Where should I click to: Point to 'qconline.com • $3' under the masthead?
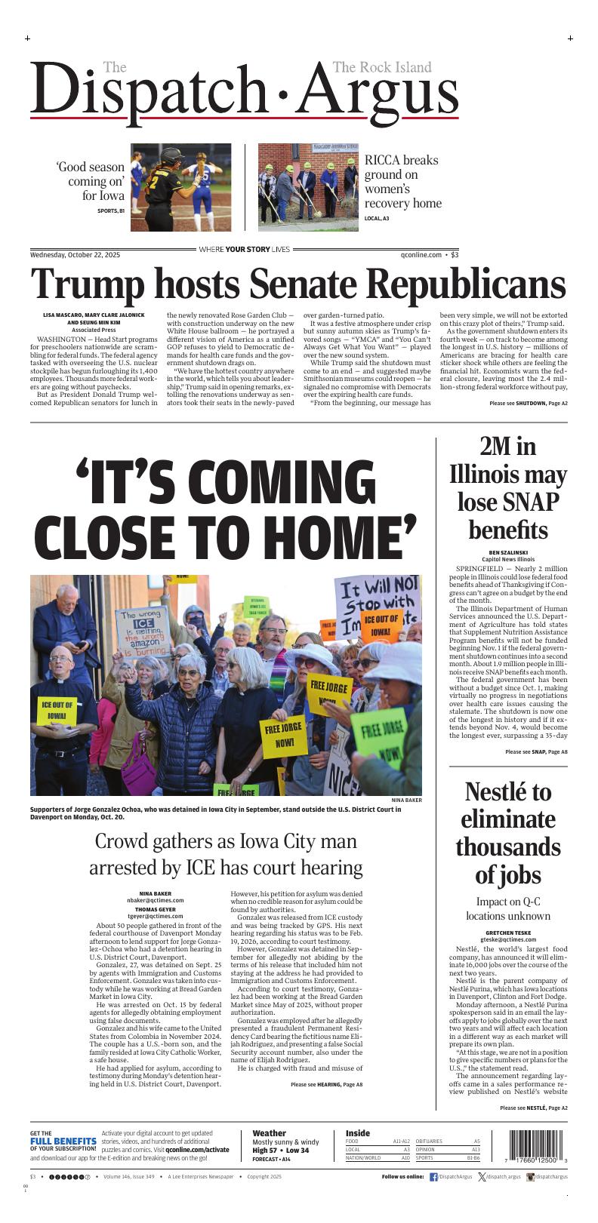[429, 255]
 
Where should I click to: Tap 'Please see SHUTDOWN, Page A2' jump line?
[528, 404]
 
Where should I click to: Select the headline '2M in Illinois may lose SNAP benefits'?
[507, 488]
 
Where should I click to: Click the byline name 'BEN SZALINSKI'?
[507, 552]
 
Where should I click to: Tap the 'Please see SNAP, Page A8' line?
[536, 752]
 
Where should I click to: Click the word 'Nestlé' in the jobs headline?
[498, 792]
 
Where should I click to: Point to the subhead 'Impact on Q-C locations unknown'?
[507, 909]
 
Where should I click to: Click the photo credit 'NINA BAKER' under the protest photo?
[406, 800]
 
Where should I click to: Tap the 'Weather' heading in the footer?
[269, 1133]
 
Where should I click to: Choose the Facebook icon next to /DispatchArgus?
[433, 1177]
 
